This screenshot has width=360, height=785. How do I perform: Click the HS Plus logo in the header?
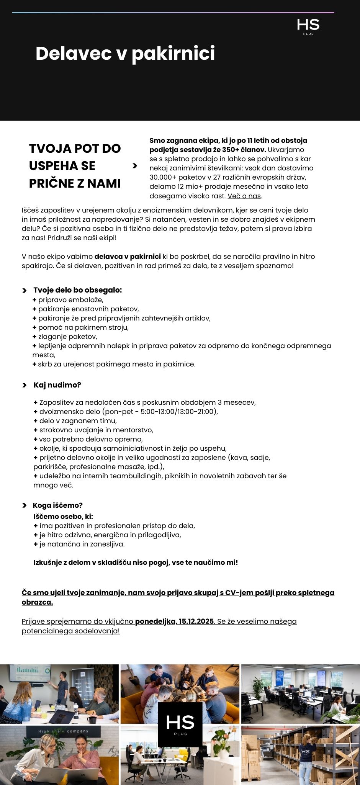pos(308,26)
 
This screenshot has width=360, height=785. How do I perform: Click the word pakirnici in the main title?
pos(173,54)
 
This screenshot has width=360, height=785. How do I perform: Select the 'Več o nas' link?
pos(244,196)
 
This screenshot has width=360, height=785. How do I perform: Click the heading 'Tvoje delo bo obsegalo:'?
pos(77,290)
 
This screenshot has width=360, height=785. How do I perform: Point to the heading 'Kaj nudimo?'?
pos(57,385)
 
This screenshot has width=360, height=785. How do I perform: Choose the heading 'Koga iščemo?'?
pos(58,505)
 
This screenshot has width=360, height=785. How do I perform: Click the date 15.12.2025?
pos(196,621)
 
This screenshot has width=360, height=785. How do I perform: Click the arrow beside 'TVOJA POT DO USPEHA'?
pos(135,165)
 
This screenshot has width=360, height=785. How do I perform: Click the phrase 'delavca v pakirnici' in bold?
pos(128,257)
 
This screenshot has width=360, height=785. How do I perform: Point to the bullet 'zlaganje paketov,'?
pos(67,337)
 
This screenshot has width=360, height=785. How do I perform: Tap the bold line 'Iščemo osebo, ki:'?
pos(63,516)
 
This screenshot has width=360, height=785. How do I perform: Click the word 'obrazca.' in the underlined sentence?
pos(37,602)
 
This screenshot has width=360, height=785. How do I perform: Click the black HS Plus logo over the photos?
pos(180,724)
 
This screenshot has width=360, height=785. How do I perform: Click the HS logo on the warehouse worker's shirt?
pos(305,752)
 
